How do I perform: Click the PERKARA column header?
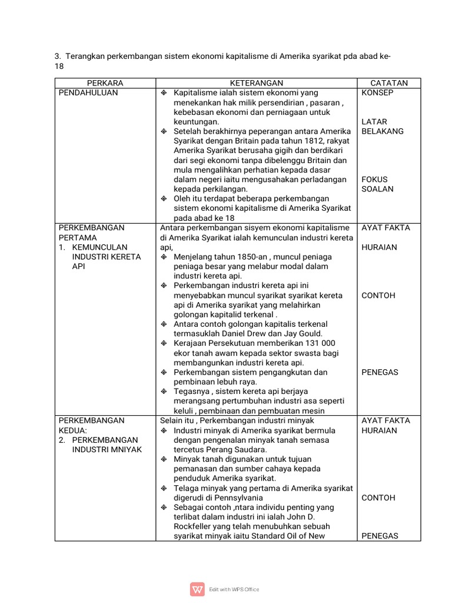(105, 83)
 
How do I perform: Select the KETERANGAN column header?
(256, 83)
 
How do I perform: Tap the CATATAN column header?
(388, 83)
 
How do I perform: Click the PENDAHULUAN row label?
(88, 93)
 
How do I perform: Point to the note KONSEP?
(377, 93)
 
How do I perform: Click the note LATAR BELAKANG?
(383, 127)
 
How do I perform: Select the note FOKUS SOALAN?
(378, 184)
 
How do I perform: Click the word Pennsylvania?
(238, 498)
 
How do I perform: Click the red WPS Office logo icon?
(197, 589)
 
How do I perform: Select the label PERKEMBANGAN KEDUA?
(91, 425)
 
